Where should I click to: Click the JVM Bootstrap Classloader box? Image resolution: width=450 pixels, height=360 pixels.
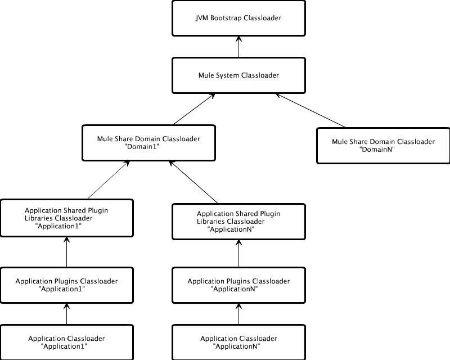pos(238,18)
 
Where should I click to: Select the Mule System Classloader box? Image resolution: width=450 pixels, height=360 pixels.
pos(238,75)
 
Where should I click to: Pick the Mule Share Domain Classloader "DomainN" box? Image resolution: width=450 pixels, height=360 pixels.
pos(383,146)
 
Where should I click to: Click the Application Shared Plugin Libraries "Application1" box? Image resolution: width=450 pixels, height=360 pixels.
pos(66,218)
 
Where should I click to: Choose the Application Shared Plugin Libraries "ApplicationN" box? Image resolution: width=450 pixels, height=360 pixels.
pos(238,222)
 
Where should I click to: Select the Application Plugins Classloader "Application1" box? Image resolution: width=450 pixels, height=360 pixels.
pos(66,285)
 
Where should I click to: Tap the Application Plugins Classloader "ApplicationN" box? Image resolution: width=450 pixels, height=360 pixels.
pos(238,285)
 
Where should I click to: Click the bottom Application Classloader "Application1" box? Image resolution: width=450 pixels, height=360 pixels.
pos(66,342)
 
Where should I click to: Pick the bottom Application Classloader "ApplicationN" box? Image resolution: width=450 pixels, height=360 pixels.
pos(238,342)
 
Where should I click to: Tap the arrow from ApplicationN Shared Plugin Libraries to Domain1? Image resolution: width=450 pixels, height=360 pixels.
pos(193,182)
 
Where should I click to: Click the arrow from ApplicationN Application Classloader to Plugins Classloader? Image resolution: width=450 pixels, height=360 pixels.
pos(238,313)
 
